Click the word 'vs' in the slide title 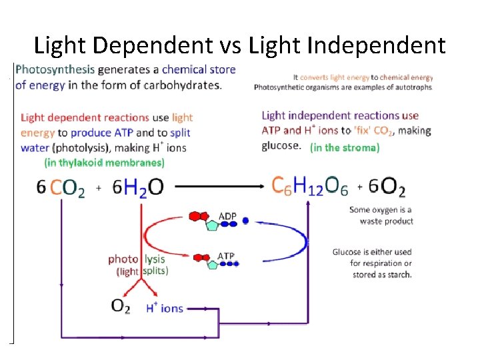pyautogui.click(x=228, y=45)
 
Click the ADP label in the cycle pyautogui.click(x=227, y=216)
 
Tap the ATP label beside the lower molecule pyautogui.click(x=226, y=256)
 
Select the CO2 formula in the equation pyautogui.click(x=67, y=189)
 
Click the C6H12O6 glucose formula pyautogui.click(x=309, y=186)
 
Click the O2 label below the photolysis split pyautogui.click(x=121, y=306)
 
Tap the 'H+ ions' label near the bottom pyautogui.click(x=164, y=307)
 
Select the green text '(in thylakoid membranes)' pyautogui.click(x=104, y=162)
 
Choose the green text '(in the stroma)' pyautogui.click(x=345, y=147)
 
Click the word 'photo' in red pyautogui.click(x=123, y=259)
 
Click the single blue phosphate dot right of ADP pyautogui.click(x=245, y=220)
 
